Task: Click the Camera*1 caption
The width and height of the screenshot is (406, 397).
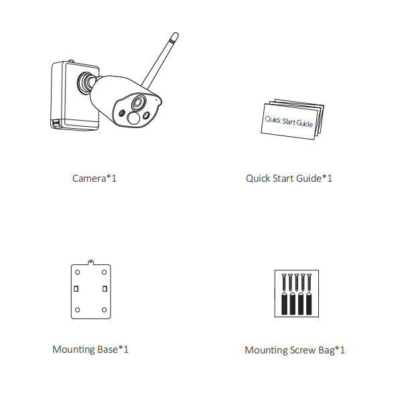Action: pyautogui.click(x=94, y=178)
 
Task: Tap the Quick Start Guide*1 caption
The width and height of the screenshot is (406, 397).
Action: pyautogui.click(x=289, y=178)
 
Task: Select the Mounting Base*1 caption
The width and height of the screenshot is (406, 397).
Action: pyautogui.click(x=90, y=349)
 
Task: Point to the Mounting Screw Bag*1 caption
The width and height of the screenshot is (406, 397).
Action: pyautogui.click(x=295, y=350)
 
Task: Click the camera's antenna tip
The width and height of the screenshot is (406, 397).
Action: pyautogui.click(x=176, y=35)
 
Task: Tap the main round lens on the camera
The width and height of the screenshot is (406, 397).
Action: pyautogui.click(x=139, y=103)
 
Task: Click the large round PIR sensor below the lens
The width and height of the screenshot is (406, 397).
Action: pyautogui.click(x=133, y=118)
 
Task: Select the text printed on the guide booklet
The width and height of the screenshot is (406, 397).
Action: pyautogui.click(x=289, y=121)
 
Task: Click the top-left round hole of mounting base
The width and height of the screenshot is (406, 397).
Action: pyautogui.click(x=78, y=272)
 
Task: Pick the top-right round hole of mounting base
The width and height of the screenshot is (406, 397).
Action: pyautogui.click(x=104, y=272)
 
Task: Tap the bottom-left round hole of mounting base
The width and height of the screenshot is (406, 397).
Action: pyautogui.click(x=78, y=310)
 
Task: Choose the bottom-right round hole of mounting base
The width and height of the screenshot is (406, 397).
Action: pyautogui.click(x=104, y=310)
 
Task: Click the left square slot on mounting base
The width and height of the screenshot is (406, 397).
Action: pyautogui.click(x=76, y=288)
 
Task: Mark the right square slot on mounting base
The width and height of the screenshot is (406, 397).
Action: pyautogui.click(x=105, y=288)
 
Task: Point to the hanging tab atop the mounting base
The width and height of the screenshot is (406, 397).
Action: pyautogui.click(x=90, y=262)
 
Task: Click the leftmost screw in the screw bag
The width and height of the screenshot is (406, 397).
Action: pyautogui.click(x=284, y=282)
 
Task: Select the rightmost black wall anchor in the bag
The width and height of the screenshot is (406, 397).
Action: pyautogui.click(x=309, y=304)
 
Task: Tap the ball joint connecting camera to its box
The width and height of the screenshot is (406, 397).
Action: pyautogui.click(x=86, y=82)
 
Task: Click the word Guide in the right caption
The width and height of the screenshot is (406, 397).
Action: pyautogui.click(x=309, y=178)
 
